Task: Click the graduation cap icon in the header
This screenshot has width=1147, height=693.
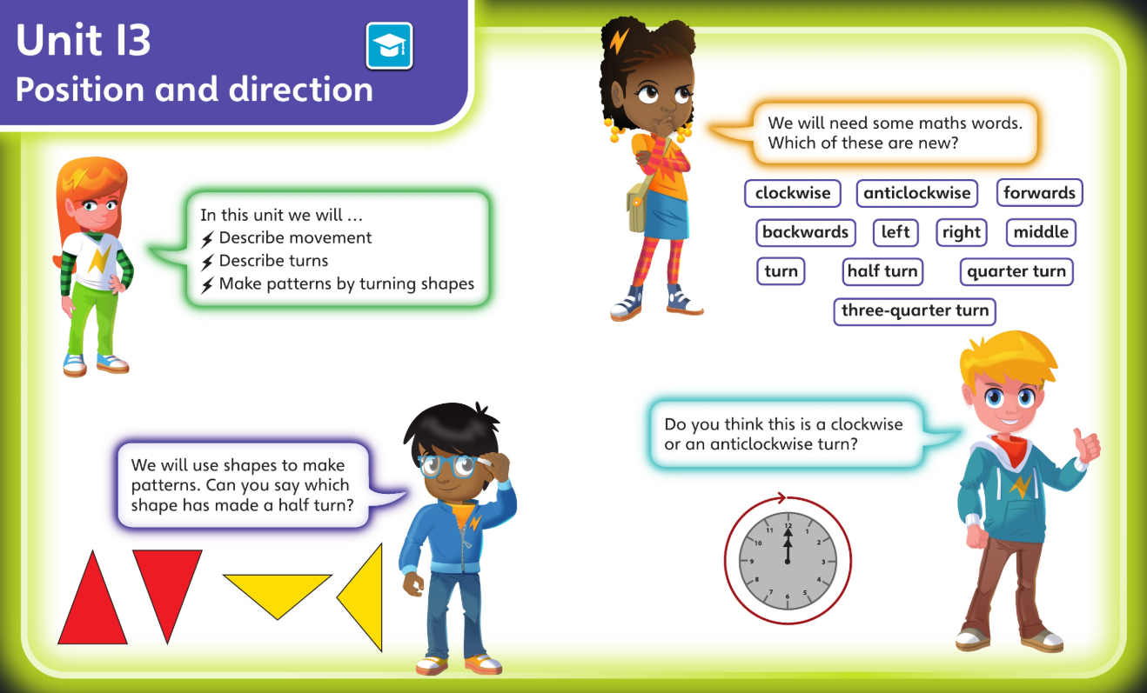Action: click(x=389, y=45)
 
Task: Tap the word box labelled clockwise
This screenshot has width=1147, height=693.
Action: click(x=793, y=193)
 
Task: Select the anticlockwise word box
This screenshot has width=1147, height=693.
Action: click(x=917, y=193)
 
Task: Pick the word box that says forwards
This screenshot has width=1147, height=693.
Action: click(x=1039, y=193)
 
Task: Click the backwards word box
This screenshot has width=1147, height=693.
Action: click(x=806, y=232)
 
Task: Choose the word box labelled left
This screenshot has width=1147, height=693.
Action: click(x=895, y=232)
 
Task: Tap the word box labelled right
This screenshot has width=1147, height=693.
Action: click(x=962, y=232)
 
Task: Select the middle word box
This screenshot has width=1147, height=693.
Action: click(x=1041, y=232)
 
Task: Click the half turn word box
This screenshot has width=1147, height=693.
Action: click(x=882, y=271)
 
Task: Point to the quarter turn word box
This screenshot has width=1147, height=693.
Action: click(x=1016, y=271)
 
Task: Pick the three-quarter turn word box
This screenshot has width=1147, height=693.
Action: click(x=915, y=311)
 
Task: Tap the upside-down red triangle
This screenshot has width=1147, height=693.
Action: click(x=167, y=583)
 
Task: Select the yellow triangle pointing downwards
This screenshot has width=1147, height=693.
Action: click(x=278, y=590)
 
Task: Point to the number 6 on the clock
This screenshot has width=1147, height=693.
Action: click(x=788, y=596)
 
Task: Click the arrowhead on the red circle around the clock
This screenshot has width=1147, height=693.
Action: click(x=781, y=497)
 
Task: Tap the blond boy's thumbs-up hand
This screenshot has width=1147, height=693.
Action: click(x=1086, y=444)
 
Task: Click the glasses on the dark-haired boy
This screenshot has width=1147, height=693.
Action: click(x=449, y=465)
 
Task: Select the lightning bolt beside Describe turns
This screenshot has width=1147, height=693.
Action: click(x=207, y=263)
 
